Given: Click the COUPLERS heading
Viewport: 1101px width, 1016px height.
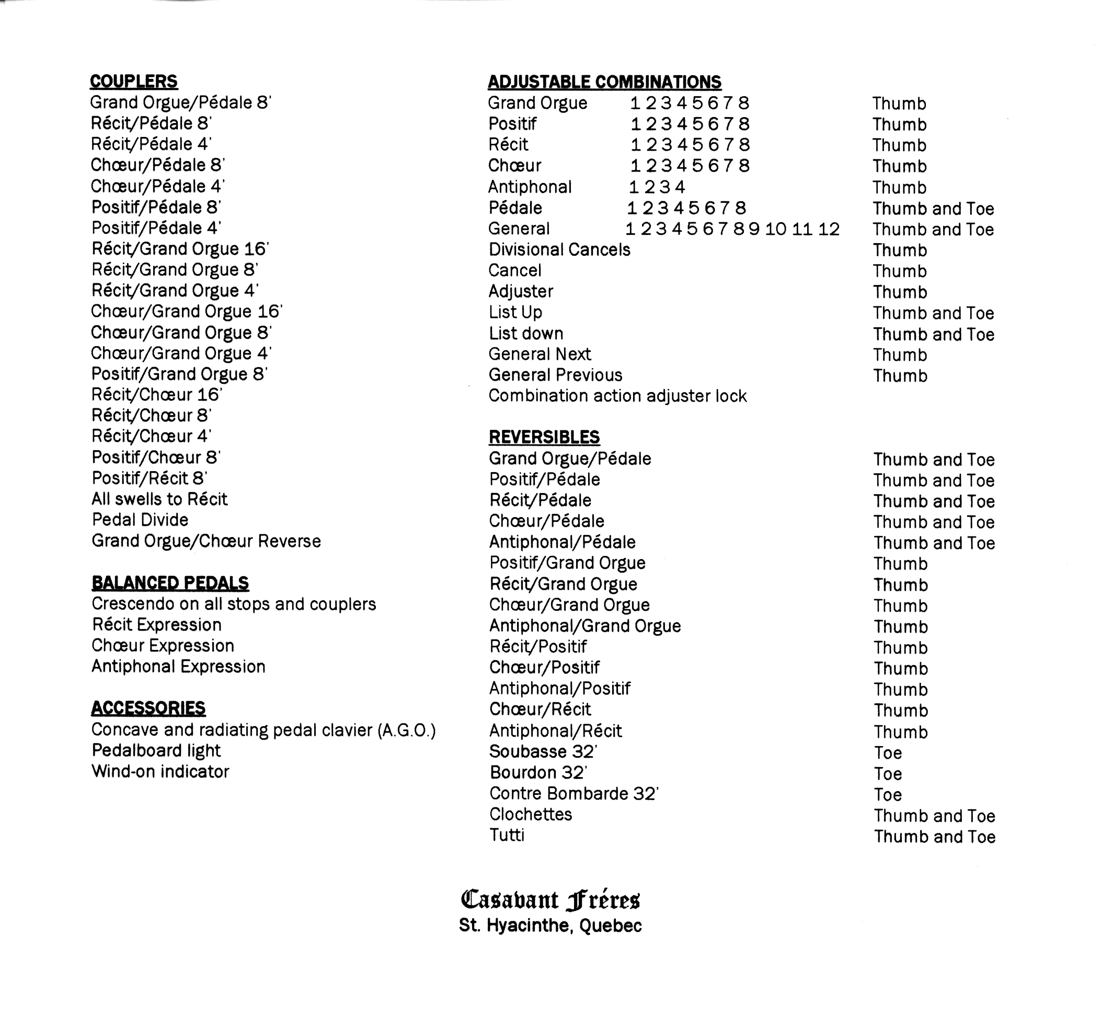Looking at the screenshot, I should (133, 82).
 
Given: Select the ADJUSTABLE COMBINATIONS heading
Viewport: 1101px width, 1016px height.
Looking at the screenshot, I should (604, 82).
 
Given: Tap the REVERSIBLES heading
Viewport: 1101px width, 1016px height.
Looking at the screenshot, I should (544, 437).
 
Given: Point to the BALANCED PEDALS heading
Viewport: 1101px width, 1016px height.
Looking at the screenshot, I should (170, 583).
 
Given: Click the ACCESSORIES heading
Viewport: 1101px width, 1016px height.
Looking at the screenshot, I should (148, 708).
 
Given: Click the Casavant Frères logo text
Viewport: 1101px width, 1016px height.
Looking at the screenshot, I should (550, 900).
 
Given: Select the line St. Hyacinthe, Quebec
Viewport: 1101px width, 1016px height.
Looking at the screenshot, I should (550, 926).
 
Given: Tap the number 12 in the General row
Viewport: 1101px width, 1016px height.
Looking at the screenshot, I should (829, 229).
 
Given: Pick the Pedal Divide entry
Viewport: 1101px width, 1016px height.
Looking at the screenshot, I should (140, 520).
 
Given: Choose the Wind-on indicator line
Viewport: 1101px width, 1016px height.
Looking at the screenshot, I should (160, 772).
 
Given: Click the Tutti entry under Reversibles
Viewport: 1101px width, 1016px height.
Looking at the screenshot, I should (507, 836).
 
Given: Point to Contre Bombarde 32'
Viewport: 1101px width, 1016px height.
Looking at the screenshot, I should (574, 794).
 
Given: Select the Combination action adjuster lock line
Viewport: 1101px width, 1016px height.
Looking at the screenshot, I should (617, 396).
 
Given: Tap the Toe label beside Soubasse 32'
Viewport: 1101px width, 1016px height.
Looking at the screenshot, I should (888, 753).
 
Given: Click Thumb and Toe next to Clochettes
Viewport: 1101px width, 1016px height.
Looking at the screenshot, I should (934, 816).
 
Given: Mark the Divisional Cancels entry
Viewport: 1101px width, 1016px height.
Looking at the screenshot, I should (559, 250).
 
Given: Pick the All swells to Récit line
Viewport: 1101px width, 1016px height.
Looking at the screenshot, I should (159, 499).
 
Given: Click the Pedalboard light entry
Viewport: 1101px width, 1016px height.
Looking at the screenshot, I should (156, 751).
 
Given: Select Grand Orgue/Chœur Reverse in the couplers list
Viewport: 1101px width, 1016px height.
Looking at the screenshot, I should (206, 542).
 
